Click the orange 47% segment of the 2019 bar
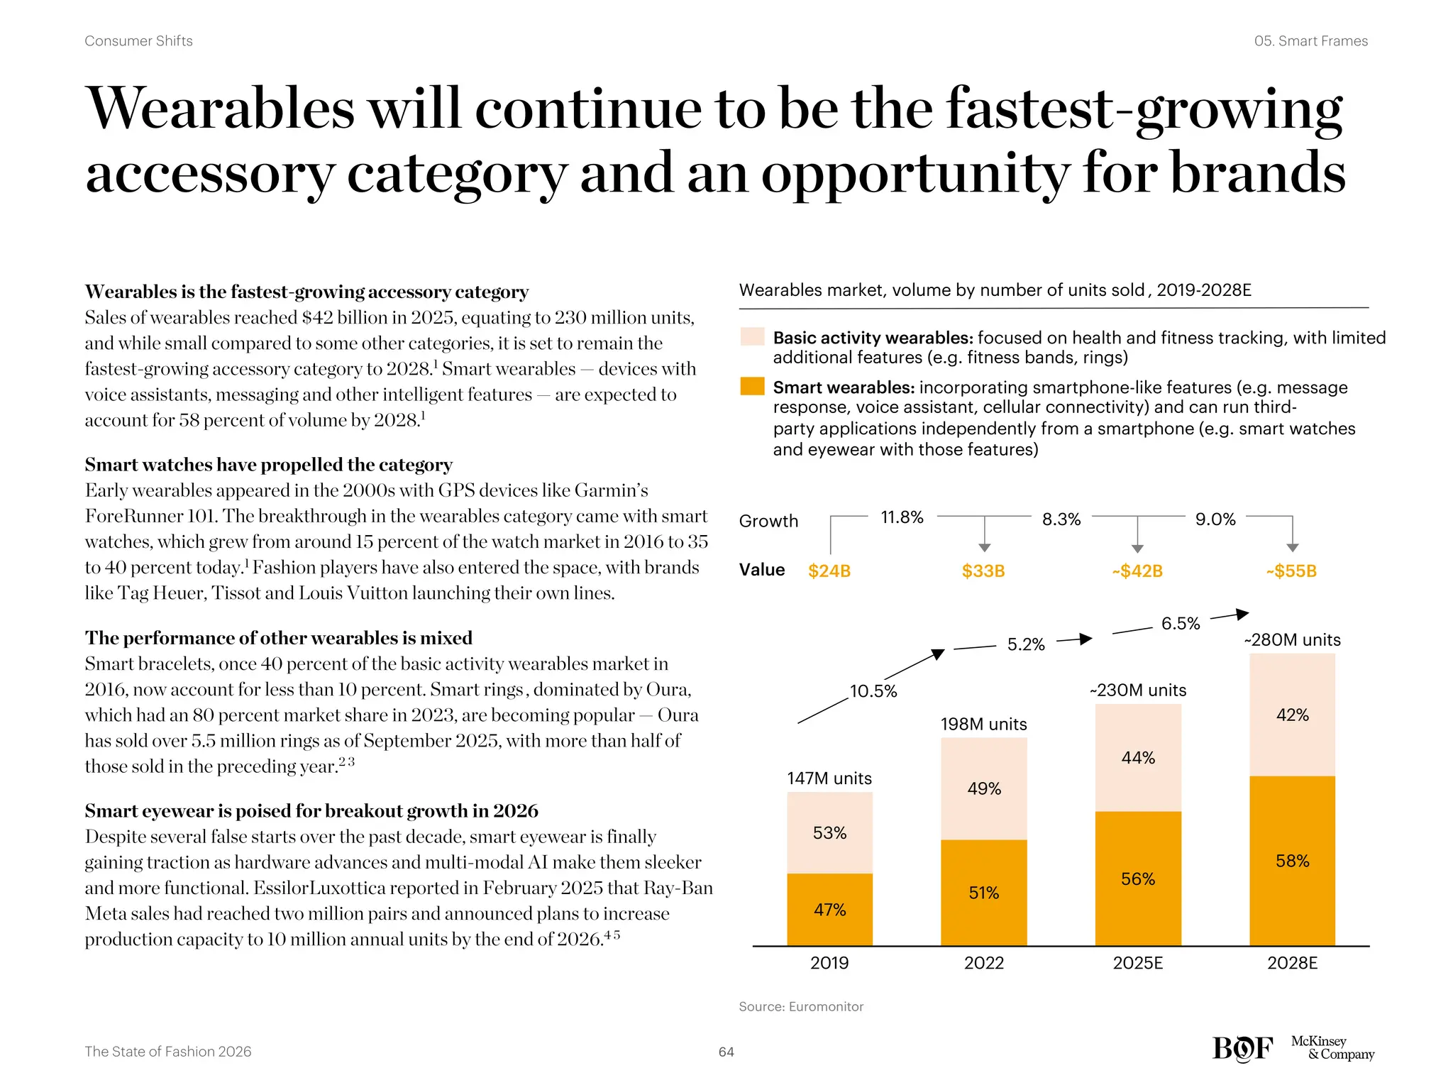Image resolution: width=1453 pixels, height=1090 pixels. [x=829, y=910]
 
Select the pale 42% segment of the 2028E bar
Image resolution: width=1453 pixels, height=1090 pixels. [x=1292, y=715]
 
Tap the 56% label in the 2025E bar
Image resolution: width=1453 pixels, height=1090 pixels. [x=1137, y=879]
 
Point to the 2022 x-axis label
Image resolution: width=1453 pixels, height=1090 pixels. [x=983, y=963]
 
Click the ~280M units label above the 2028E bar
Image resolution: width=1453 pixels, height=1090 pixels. [x=1292, y=640]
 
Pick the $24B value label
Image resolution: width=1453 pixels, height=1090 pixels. [x=829, y=571]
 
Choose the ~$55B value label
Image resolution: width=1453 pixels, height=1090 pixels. [x=1291, y=571]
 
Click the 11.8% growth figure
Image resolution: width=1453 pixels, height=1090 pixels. [x=902, y=517]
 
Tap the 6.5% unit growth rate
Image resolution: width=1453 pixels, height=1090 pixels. [x=1180, y=624]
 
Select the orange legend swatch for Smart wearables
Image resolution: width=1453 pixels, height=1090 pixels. [x=752, y=387]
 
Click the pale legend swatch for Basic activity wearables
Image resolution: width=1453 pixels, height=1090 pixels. [x=752, y=336]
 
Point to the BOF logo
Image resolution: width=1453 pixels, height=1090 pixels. [x=1242, y=1048]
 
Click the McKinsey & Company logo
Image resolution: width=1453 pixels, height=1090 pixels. [x=1332, y=1048]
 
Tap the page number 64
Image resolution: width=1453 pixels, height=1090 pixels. [x=726, y=1052]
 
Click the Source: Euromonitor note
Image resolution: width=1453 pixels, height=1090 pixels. [x=801, y=1007]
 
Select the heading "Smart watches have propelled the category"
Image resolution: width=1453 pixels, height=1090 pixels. [x=268, y=465]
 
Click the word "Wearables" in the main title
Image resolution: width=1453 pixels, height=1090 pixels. [x=220, y=109]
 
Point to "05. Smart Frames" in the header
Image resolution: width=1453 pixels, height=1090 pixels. [x=1310, y=41]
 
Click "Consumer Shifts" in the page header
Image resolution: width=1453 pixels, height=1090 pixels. [x=138, y=41]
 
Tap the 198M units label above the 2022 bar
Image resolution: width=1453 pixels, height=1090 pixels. [x=983, y=725]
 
